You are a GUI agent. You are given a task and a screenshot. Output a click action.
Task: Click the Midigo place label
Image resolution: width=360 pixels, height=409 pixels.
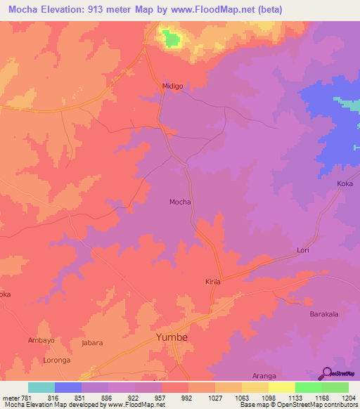172,86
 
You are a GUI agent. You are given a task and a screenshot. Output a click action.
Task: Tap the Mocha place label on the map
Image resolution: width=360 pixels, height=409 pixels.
180,202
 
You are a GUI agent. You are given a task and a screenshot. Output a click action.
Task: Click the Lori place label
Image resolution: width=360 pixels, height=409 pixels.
303,250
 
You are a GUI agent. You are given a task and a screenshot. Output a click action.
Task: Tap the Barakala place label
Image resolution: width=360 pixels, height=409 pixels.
325,314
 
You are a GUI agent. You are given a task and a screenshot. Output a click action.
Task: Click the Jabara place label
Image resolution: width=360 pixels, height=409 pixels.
92,344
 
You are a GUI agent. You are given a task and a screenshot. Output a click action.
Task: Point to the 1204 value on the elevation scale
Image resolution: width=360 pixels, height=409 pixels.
349,397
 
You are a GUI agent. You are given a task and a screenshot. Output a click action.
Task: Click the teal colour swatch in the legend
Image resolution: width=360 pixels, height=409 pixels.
41,387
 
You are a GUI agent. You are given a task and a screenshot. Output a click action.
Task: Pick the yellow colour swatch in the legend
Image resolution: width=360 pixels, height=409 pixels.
281,387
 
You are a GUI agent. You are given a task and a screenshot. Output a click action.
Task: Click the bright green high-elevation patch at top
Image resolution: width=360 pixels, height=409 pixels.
169,39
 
